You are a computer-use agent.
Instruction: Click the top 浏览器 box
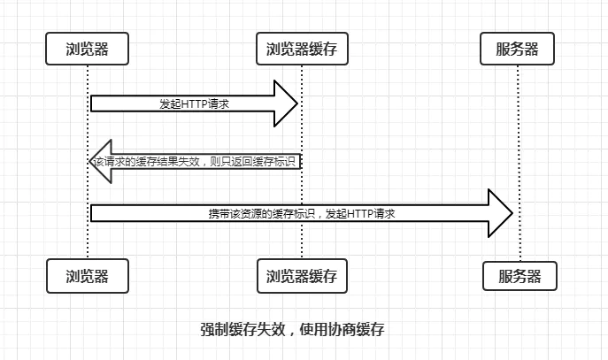[x=88, y=49]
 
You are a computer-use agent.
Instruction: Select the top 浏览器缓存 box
[x=302, y=49]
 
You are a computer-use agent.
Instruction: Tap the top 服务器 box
[x=517, y=49]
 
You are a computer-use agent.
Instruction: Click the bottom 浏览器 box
[x=88, y=276]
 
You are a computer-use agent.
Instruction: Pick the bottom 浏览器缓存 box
[x=302, y=276]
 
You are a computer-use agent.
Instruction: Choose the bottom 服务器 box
[x=520, y=276]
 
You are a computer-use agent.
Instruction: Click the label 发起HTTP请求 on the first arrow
[x=195, y=103]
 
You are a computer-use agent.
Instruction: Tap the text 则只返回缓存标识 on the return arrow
[x=253, y=161]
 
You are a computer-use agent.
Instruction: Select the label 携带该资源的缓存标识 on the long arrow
[x=262, y=213]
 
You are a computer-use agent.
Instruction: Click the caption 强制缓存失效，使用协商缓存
[x=292, y=329]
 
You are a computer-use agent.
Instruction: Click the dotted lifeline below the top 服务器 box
[x=519, y=163]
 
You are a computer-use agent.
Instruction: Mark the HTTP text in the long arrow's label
[x=360, y=213]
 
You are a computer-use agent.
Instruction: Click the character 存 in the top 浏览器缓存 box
[x=330, y=49]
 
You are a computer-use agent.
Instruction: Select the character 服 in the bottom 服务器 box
[x=505, y=276]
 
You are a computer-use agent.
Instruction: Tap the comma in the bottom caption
[x=292, y=333]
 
